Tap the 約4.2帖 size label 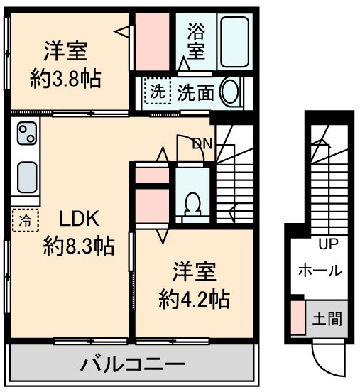[194, 298]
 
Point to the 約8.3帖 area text [78, 246]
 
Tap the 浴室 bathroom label [196, 41]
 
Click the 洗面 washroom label [196, 92]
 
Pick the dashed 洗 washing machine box [156, 92]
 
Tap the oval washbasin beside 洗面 [231, 92]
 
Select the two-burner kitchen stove [28, 134]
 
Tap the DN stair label [202, 143]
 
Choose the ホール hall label [320, 271]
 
